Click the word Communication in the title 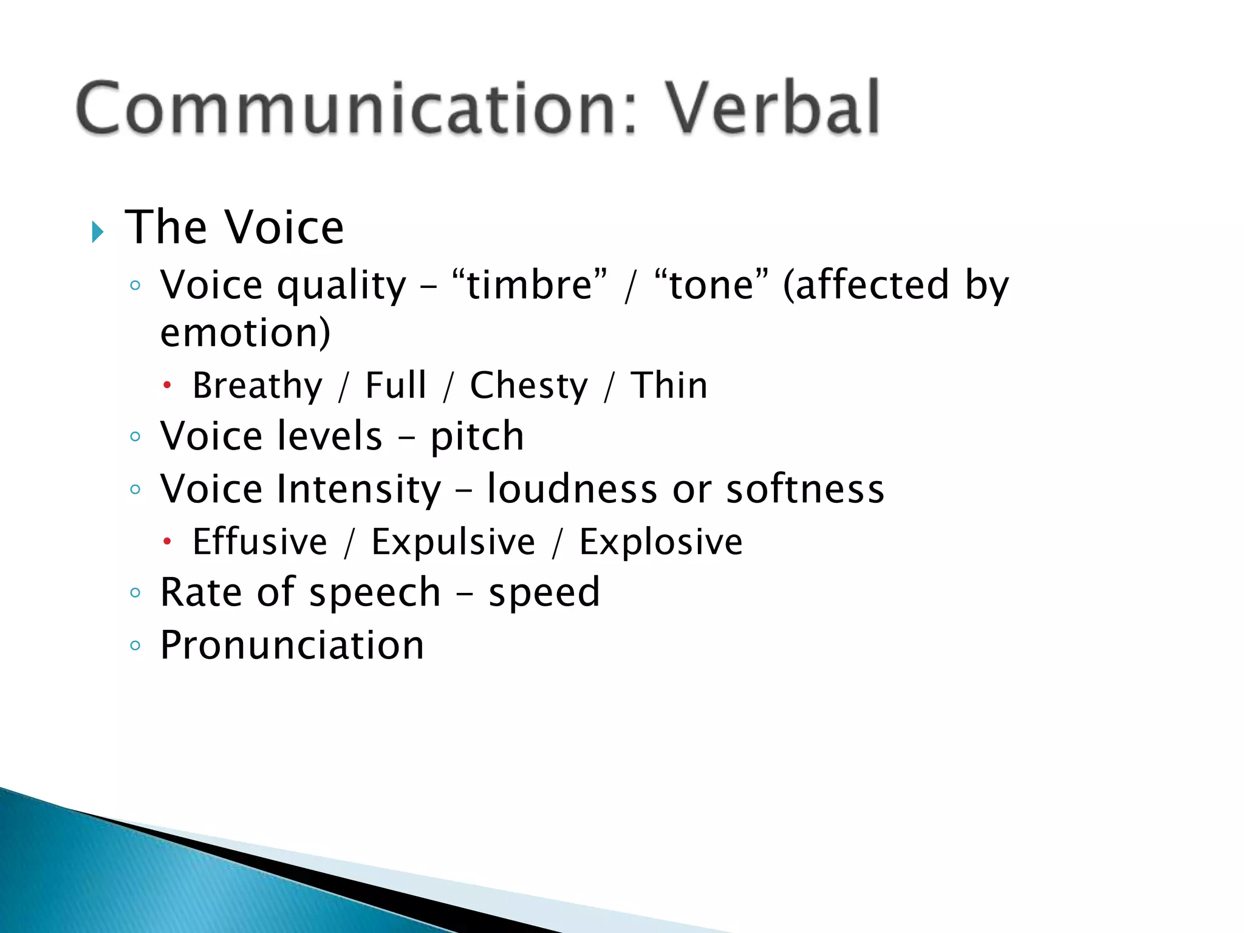[357, 109]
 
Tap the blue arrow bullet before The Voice [97, 231]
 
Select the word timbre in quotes [530, 285]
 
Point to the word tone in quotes [711, 285]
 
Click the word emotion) [245, 333]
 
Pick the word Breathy [257, 386]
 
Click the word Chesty [528, 386]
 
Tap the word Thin [669, 385]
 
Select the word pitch [477, 437]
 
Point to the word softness [805, 489]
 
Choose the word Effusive [259, 542]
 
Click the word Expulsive [453, 542]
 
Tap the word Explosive [660, 542]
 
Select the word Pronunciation [292, 645]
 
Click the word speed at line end [544, 593]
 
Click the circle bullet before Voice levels [135, 436]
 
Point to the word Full [395, 385]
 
